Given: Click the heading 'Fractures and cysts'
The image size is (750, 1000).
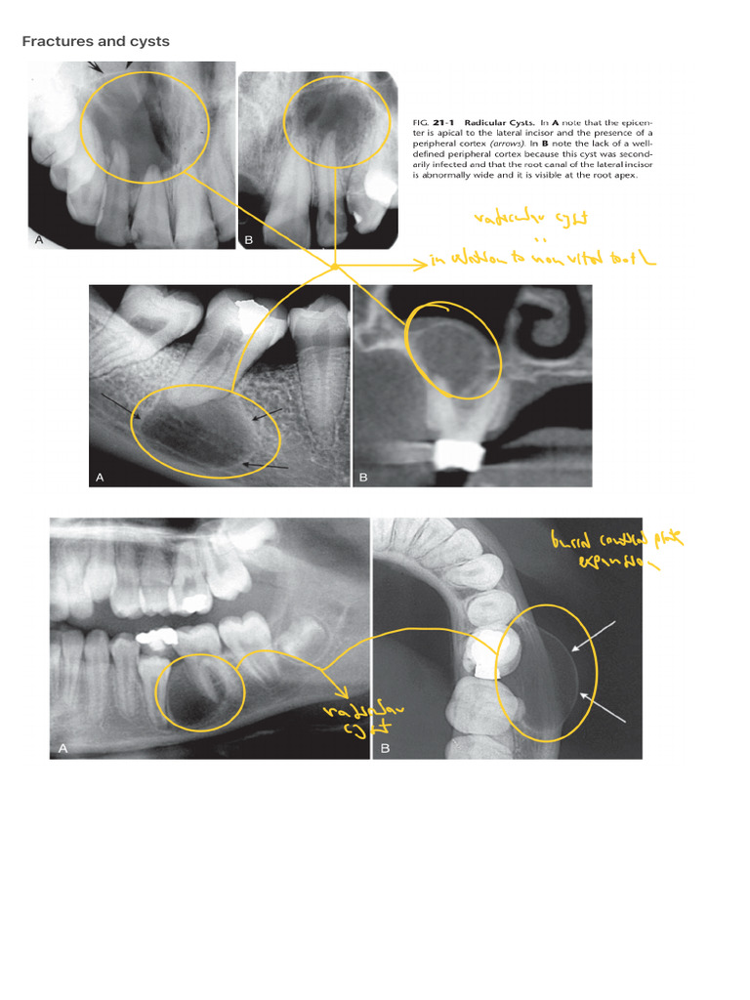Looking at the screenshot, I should [x=96, y=41].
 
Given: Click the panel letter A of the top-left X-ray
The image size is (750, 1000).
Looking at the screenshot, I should [x=39, y=239].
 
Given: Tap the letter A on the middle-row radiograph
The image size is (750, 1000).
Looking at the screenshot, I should [x=99, y=477].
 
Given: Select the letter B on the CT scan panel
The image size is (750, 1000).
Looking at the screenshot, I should [x=363, y=477].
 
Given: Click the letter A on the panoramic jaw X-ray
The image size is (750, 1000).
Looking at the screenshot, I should [x=63, y=748].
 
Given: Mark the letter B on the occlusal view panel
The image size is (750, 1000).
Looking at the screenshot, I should [x=385, y=748].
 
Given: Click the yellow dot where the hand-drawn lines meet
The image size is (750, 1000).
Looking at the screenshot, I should [x=335, y=265].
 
